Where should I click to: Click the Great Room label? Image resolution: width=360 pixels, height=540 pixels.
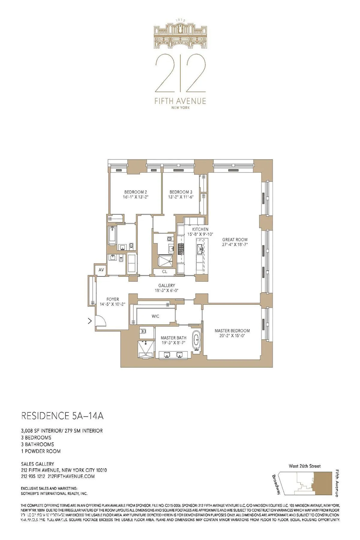235,239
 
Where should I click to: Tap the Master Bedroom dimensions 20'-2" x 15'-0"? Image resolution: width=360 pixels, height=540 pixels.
232,336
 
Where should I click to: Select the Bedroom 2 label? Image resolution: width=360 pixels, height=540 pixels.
136,192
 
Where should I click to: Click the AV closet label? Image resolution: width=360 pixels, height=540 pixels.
101,270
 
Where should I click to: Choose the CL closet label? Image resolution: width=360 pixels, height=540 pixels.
164,271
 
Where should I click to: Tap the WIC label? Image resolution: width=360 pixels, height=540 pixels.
155,316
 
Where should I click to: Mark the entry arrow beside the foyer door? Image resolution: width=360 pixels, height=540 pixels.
89,322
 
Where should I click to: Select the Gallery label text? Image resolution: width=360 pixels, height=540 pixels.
166,286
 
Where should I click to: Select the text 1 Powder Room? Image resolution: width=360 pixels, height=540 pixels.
41,451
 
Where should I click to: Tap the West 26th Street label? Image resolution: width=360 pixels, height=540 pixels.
304,466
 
